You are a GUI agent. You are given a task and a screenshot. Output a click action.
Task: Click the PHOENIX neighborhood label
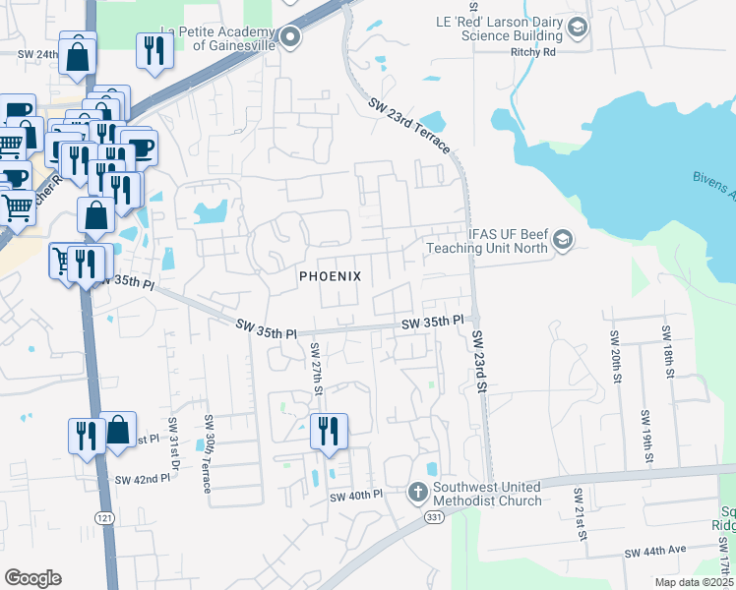tap(331, 277)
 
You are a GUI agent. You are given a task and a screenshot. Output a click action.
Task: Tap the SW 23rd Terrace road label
tap(409, 125)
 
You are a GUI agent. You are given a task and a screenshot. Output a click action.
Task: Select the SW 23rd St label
tap(479, 361)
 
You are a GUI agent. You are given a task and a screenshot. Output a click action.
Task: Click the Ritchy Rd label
tap(533, 52)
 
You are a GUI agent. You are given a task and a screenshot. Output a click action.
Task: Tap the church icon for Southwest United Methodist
tap(417, 490)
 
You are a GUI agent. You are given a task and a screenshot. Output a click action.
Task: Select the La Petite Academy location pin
tap(289, 38)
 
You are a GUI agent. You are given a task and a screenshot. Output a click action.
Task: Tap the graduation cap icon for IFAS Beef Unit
tap(563, 239)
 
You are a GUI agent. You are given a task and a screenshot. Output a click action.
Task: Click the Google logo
tap(32, 578)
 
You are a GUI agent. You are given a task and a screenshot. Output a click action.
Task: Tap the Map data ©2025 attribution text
tap(694, 582)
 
